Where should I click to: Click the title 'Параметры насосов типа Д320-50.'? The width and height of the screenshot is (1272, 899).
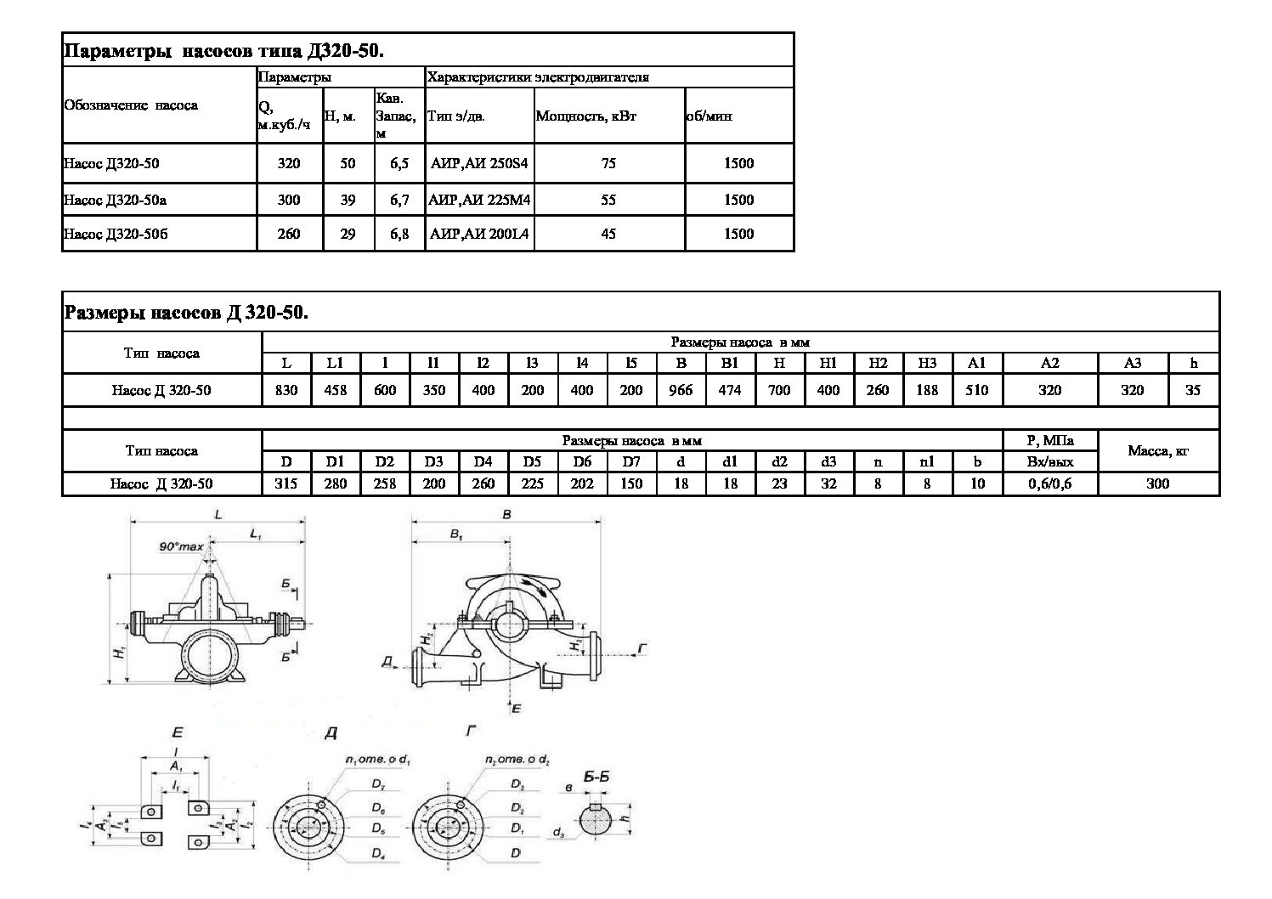click(x=224, y=51)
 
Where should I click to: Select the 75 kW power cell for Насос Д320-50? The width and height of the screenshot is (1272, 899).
click(x=608, y=163)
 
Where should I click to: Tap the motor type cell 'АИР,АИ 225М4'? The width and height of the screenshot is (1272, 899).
click(x=480, y=201)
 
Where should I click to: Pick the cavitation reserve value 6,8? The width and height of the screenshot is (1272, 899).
click(x=399, y=234)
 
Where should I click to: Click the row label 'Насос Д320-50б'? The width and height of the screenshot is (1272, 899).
click(x=116, y=234)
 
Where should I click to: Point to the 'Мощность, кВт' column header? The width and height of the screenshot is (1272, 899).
click(x=585, y=116)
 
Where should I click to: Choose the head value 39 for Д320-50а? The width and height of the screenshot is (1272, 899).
click(x=348, y=201)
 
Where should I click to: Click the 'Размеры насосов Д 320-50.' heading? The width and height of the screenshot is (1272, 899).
click(x=186, y=313)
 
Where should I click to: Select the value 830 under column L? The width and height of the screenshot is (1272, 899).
click(x=287, y=391)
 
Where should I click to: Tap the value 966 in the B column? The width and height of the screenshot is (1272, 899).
click(x=681, y=391)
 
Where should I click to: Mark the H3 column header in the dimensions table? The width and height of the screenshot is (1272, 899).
click(x=927, y=364)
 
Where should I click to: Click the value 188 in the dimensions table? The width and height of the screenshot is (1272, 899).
click(x=927, y=391)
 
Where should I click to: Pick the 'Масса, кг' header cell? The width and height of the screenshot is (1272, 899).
click(x=1158, y=451)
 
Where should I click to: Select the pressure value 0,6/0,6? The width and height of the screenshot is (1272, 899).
click(x=1050, y=483)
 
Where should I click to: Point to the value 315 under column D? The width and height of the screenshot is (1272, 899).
click(x=287, y=483)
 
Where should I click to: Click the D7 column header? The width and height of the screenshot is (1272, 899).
click(x=631, y=462)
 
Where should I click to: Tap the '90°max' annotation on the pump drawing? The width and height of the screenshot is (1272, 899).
click(x=181, y=546)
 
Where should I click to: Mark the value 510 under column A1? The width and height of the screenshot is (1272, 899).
click(x=977, y=391)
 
